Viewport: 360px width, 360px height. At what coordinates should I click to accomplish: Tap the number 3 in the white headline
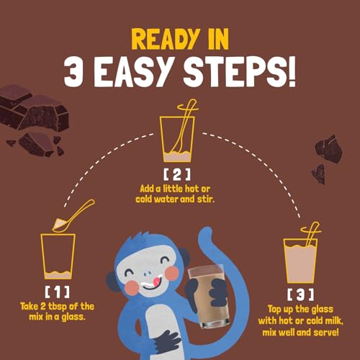(73, 71)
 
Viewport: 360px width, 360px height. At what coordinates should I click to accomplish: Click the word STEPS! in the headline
(239, 71)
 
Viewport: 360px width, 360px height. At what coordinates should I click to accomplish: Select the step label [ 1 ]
(57, 292)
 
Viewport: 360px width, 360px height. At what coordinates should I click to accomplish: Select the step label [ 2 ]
(177, 174)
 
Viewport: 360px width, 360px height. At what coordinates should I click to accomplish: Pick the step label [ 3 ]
(300, 294)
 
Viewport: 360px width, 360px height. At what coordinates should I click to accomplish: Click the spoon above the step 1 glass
(73, 216)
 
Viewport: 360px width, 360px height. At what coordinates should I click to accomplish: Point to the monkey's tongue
(156, 280)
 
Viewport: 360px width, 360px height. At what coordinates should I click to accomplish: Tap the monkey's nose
(148, 274)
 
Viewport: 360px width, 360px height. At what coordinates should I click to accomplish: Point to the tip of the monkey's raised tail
(207, 230)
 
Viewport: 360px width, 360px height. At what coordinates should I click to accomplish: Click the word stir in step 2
(206, 199)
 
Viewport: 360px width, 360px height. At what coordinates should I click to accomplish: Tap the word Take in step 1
(27, 307)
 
